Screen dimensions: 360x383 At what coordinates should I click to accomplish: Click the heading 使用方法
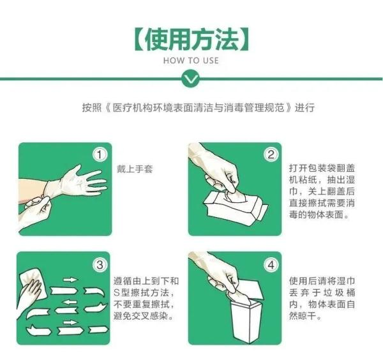point(191,40)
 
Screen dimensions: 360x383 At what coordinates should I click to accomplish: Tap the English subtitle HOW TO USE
point(191,61)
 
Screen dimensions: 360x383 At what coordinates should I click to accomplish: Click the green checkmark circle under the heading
point(191,79)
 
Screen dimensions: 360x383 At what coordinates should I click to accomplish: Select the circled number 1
point(100,154)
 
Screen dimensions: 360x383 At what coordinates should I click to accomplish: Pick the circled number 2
point(271,154)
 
